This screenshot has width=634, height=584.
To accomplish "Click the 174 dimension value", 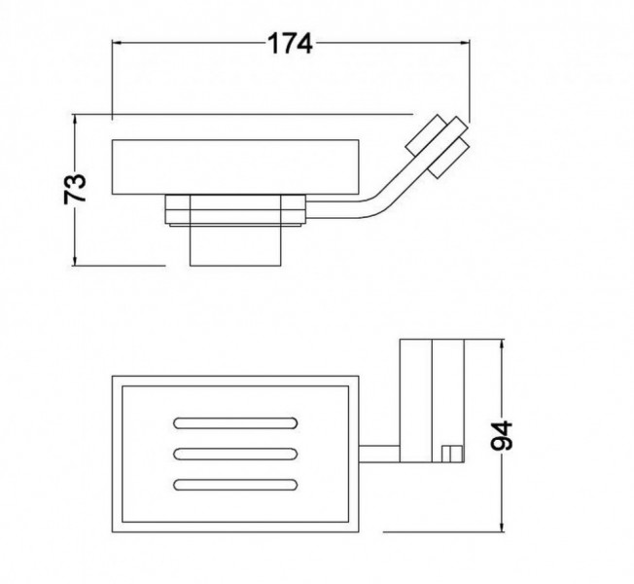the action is [x=291, y=43].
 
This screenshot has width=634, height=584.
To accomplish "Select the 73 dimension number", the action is [x=75, y=189].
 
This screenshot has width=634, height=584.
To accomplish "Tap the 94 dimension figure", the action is [x=502, y=435].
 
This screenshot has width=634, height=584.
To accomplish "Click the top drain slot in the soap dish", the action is [x=235, y=423].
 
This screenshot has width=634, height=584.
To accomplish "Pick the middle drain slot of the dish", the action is [x=235, y=454].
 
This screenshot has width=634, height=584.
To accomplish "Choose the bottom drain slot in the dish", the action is [x=235, y=485].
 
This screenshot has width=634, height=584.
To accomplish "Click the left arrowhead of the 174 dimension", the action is [x=117, y=42].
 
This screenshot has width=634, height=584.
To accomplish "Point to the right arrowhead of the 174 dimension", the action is [x=465, y=42].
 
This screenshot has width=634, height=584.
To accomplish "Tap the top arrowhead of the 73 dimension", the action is [x=75, y=120].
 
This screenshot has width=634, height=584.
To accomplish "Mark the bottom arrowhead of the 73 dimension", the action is [x=75, y=260].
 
